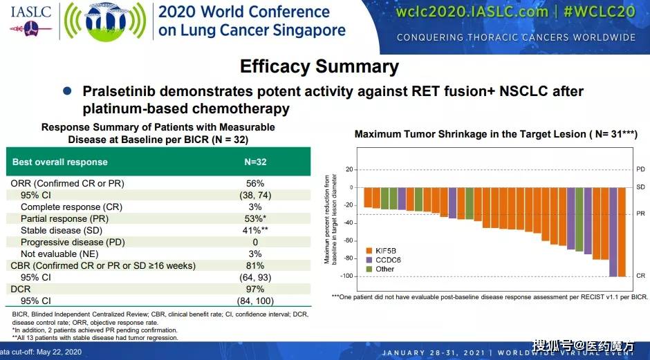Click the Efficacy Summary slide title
(319, 66)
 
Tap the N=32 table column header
(255, 162)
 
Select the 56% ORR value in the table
(255, 183)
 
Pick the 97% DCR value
(255, 289)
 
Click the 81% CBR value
(255, 265)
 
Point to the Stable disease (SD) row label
(62, 230)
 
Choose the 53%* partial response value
(255, 218)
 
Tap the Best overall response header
(60, 162)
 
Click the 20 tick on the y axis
(349, 169)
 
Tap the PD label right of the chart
(640, 169)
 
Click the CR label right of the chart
(640, 276)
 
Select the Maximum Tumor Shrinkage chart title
(495, 134)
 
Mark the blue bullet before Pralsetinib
(67, 91)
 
